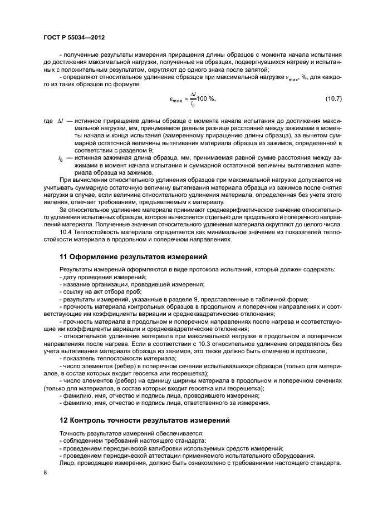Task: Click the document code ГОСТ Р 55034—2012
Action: click(x=74, y=37)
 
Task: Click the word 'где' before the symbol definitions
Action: click(x=47, y=121)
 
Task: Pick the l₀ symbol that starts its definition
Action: click(x=60, y=159)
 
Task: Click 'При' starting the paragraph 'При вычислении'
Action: click(x=65, y=181)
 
